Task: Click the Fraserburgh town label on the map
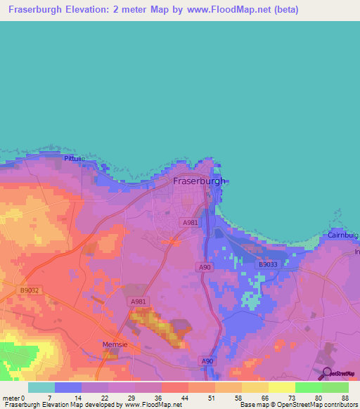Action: click(200, 181)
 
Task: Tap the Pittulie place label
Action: click(73, 159)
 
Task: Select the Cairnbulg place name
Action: click(342, 235)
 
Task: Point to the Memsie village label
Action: click(113, 346)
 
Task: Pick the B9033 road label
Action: click(268, 264)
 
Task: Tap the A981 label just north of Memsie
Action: click(138, 301)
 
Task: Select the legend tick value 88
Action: click(345, 398)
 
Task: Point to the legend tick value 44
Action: click(185, 398)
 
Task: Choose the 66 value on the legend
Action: click(265, 398)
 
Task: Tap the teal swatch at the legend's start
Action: click(41, 387)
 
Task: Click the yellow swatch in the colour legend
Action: click(281, 387)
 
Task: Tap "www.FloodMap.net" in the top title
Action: click(218, 10)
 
